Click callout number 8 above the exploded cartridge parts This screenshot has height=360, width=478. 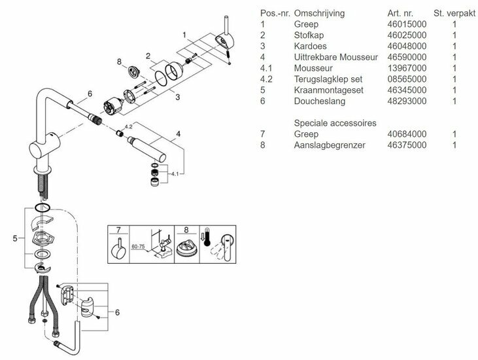119,63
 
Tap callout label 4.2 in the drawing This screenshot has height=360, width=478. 129,126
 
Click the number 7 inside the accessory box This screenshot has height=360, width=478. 118,230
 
